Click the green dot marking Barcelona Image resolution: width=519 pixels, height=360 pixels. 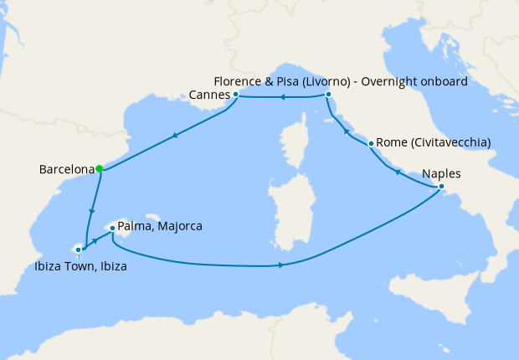100,168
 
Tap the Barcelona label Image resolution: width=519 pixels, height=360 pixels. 66,170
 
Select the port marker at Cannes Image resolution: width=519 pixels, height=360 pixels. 236,95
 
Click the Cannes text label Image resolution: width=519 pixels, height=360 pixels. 209,95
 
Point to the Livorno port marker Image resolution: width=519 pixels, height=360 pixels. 327,95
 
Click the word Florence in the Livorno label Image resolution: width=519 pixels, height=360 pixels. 238,81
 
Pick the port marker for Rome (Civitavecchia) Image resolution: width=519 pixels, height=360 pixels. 371,143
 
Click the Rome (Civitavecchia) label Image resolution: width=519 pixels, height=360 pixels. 434,143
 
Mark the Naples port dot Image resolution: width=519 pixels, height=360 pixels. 441,187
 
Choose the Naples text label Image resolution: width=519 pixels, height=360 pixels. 442,174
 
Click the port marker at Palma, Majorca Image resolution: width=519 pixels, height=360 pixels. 111,227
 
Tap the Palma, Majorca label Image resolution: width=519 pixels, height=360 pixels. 161,227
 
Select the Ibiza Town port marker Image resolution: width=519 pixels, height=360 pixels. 78,249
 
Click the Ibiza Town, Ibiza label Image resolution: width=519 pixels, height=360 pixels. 80,267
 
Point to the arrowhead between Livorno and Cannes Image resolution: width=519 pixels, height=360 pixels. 283,98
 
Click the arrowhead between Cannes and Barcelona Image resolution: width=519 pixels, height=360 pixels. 173,135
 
